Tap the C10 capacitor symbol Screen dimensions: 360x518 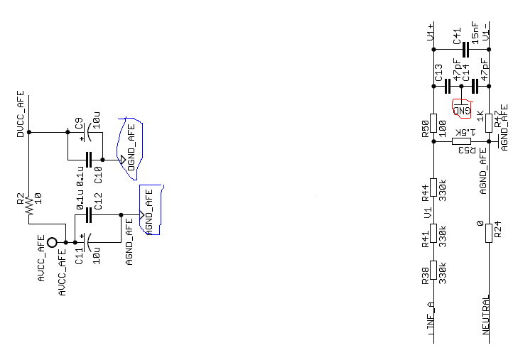pyautogui.click(x=90, y=159)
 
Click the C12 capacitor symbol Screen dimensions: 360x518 pyautogui.click(x=90, y=214)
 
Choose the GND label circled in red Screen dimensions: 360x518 pyautogui.click(x=462, y=109)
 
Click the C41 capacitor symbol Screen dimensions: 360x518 pyautogui.click(x=465, y=49)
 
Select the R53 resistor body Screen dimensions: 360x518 pyautogui.click(x=462, y=142)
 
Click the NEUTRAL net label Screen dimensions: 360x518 pyautogui.click(x=487, y=315)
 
